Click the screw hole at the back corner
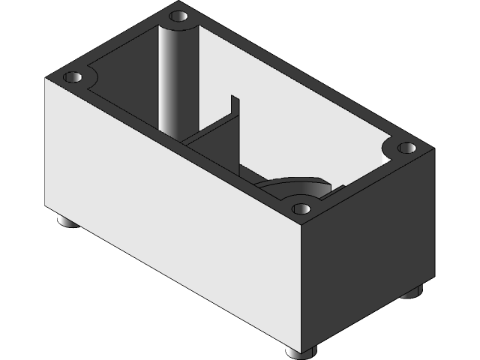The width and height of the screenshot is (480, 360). (178, 16)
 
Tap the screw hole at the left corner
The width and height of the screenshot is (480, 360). (72, 77)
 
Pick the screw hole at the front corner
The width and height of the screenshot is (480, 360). (301, 208)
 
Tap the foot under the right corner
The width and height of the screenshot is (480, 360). (412, 292)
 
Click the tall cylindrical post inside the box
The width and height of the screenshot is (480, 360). (178, 82)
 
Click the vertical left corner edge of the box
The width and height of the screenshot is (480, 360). (46, 142)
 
